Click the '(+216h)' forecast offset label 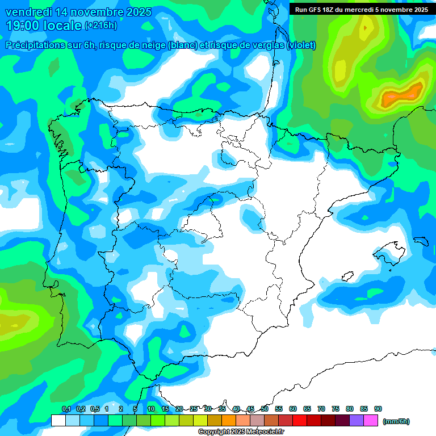click(x=100, y=26)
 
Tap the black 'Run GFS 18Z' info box click(x=361, y=9)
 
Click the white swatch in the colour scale click(x=58, y=420)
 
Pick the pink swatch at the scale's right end click(x=371, y=420)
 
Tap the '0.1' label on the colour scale click(x=66, y=409)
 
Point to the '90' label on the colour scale click(x=378, y=409)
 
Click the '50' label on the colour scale click(x=265, y=409)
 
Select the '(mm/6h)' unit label click(x=396, y=421)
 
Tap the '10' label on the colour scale click(x=151, y=409)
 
